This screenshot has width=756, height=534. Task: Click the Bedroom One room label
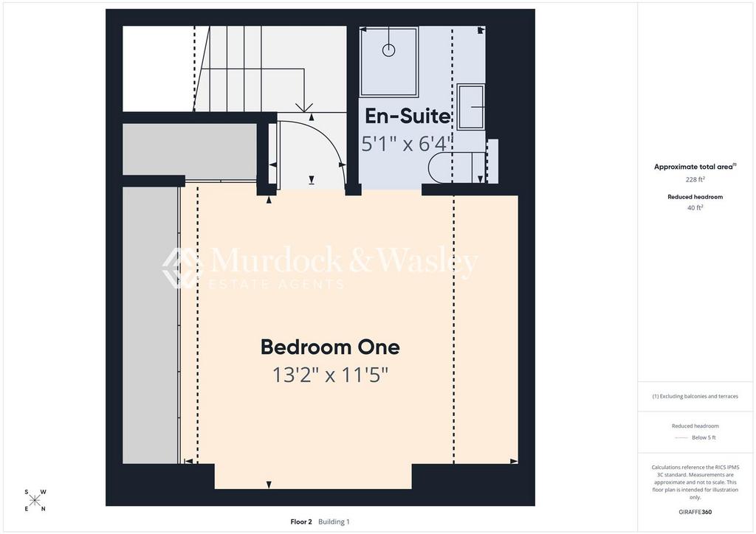330,347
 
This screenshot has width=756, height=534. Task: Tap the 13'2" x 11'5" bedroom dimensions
330,375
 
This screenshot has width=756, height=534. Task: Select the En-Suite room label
408,116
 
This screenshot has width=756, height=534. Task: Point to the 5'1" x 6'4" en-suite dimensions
407,144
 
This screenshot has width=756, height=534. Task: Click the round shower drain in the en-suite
388,49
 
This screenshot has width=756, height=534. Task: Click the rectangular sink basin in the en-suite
470,107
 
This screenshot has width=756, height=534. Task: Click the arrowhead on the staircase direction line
304,108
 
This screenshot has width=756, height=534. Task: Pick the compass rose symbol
35,500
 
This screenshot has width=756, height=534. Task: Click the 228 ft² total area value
695,180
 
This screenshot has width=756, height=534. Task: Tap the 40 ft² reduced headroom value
695,208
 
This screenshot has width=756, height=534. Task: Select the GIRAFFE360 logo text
695,512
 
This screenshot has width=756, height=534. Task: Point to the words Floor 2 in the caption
301,521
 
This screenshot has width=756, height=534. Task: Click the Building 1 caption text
334,521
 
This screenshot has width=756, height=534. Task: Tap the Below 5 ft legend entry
704,437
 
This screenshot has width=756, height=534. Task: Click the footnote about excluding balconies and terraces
695,396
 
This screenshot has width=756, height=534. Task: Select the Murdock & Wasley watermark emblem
180,268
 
